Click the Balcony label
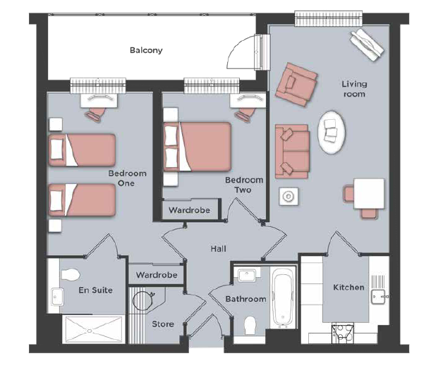146,50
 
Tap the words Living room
354,89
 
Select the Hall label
219,249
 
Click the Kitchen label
348,287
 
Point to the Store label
163,324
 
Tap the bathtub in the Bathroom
283,297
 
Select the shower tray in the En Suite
92,329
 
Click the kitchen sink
379,297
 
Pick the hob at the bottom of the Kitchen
342,333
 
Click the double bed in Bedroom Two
198,147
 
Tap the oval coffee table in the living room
332,133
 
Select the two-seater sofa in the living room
292,152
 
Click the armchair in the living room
296,85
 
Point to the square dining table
369,194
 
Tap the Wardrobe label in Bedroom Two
190,210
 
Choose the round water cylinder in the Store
142,301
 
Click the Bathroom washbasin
247,275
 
